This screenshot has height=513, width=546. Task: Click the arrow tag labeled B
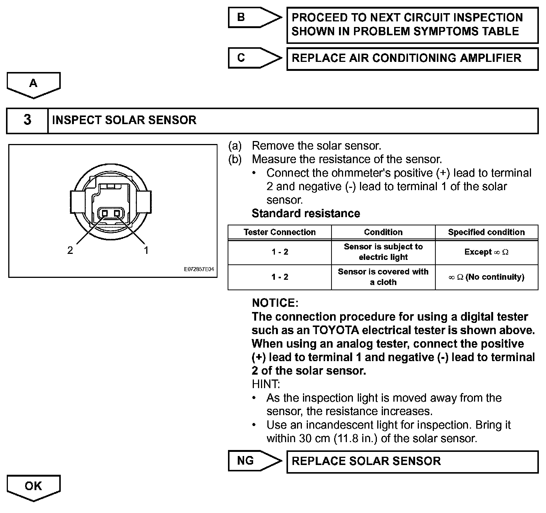point(251,17)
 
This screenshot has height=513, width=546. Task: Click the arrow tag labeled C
point(251,58)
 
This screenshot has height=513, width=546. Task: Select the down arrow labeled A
point(33,84)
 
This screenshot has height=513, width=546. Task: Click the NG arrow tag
point(251,460)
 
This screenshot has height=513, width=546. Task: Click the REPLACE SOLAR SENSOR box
point(412,461)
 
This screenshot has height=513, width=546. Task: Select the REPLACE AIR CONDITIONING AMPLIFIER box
point(412,58)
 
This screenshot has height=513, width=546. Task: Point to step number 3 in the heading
point(27,120)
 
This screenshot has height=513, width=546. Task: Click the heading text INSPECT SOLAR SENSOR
point(124,120)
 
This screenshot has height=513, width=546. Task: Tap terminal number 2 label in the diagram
point(70,250)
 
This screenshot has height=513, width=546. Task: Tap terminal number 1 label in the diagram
point(146,250)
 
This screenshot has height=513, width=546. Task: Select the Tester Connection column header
point(279,232)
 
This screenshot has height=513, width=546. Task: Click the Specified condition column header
point(486,232)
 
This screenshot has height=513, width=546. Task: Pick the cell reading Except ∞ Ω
point(486,252)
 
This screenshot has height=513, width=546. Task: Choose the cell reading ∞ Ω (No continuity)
point(486,277)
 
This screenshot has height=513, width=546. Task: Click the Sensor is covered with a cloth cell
point(383,277)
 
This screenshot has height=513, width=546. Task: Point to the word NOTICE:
point(275,303)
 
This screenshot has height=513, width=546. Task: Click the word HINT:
point(266,384)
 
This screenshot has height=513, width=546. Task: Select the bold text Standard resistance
point(306,213)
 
